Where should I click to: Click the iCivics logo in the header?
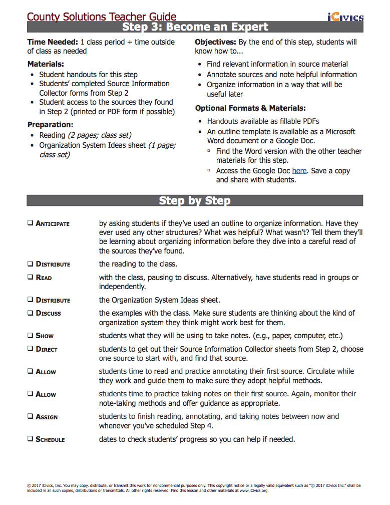345,18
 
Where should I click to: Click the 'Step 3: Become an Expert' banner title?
195,27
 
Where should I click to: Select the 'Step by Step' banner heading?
195,200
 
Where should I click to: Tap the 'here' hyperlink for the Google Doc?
299,171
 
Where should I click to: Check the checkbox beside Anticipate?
31,223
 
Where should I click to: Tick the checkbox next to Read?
31,277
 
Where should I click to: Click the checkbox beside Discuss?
31,313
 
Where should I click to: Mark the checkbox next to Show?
31,336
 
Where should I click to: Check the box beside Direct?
31,349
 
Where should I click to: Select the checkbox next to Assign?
31,416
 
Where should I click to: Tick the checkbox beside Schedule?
31,439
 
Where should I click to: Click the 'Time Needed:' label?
53,42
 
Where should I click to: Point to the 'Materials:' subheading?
46,64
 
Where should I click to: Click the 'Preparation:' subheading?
50,124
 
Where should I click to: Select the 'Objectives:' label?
215,42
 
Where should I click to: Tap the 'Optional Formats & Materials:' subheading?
250,108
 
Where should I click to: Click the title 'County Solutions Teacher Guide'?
102,17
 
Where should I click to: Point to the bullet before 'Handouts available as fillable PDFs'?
201,122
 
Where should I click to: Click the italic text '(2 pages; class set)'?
100,135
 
